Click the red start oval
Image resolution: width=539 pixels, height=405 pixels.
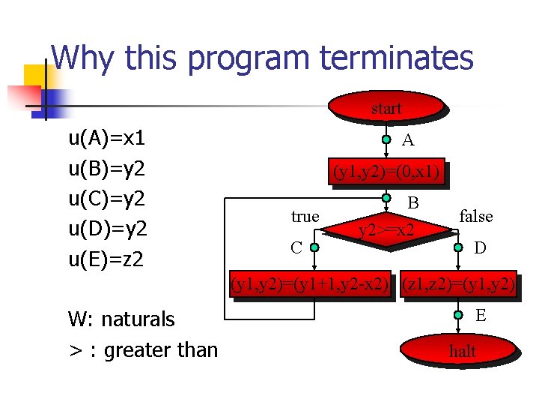pos(386,108)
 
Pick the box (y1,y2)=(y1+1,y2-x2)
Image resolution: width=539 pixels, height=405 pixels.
pos(311,284)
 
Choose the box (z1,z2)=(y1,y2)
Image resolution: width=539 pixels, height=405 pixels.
pos(457,284)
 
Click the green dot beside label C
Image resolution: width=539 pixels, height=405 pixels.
pos(314,246)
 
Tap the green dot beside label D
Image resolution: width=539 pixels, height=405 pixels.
pos(458,246)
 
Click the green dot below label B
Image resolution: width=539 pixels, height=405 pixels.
pos(386,199)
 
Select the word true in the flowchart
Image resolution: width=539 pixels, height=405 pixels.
pos(305,217)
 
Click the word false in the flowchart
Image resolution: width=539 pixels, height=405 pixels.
pos(475,217)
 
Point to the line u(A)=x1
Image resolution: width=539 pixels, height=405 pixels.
pos(106,138)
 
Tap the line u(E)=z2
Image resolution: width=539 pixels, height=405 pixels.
pos(106,259)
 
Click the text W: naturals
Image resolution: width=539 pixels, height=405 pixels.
pos(121,319)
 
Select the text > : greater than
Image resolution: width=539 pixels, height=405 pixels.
pos(143,349)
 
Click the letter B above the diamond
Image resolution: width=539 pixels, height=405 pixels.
pos(412,202)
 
